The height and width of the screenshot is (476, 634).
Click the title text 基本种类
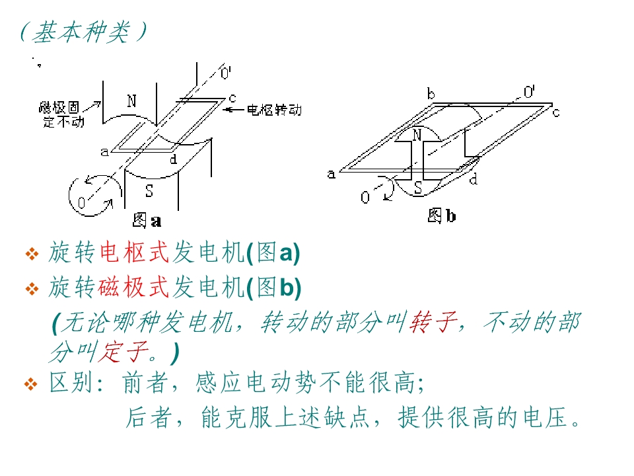[81, 32]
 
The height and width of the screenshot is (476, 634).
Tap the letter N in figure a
[131, 100]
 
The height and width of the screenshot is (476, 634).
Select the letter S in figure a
[149, 190]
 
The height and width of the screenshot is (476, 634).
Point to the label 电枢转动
[274, 110]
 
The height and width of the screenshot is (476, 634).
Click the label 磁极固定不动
[61, 114]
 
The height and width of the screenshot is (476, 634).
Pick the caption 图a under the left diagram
[147, 221]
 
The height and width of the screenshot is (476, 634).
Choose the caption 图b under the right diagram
[442, 216]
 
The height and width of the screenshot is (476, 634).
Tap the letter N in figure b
[417, 135]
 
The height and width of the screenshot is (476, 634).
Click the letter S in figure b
[418, 188]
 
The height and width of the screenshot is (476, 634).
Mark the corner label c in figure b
[556, 112]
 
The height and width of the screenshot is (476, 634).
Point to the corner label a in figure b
[332, 174]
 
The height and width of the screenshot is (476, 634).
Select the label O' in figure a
[226, 73]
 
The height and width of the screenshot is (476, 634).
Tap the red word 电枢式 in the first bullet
[134, 253]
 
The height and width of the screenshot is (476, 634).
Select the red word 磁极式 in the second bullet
[134, 288]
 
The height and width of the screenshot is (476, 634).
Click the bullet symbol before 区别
[31, 384]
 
